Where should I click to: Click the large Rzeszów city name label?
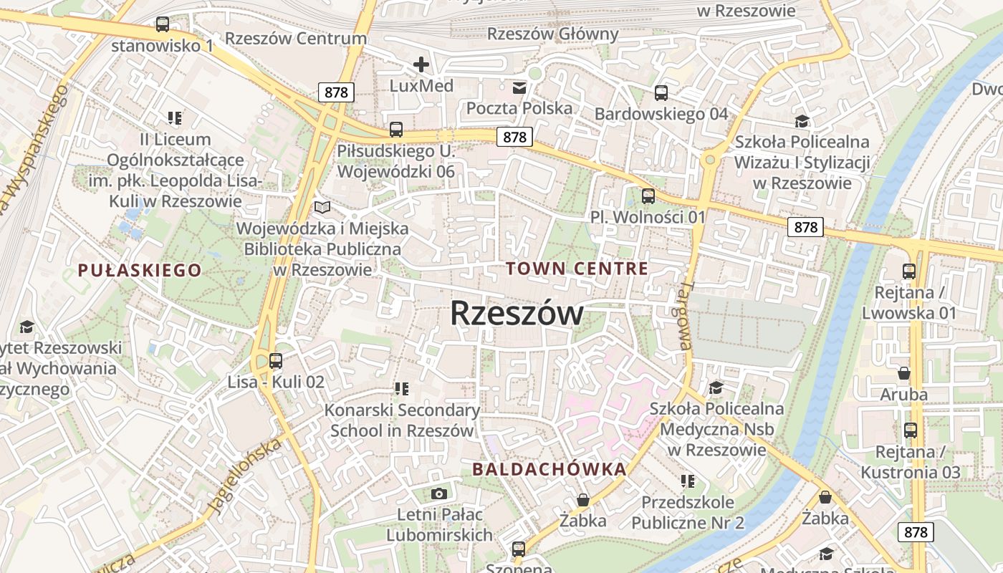click(517, 313)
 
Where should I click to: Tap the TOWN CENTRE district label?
click(577, 269)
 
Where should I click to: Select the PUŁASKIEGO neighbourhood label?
click(140, 270)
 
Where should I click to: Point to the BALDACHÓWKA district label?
click(550, 469)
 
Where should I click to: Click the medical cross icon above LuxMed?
click(421, 65)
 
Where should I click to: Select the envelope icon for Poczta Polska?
click(519, 88)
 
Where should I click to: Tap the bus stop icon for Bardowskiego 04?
click(661, 93)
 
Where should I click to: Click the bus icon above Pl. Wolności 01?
click(648, 196)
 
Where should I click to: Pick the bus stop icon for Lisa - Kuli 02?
click(276, 361)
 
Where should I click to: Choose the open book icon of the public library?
click(322, 208)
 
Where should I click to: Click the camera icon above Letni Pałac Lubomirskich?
click(439, 493)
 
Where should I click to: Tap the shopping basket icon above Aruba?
click(903, 373)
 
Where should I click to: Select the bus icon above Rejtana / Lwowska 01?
click(908, 271)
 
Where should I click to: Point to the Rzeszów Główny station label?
click(552, 34)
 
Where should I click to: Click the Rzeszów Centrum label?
click(296, 38)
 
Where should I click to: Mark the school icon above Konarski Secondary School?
click(401, 389)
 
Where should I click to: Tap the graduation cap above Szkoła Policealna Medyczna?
click(716, 388)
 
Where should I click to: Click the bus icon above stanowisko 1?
click(163, 25)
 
